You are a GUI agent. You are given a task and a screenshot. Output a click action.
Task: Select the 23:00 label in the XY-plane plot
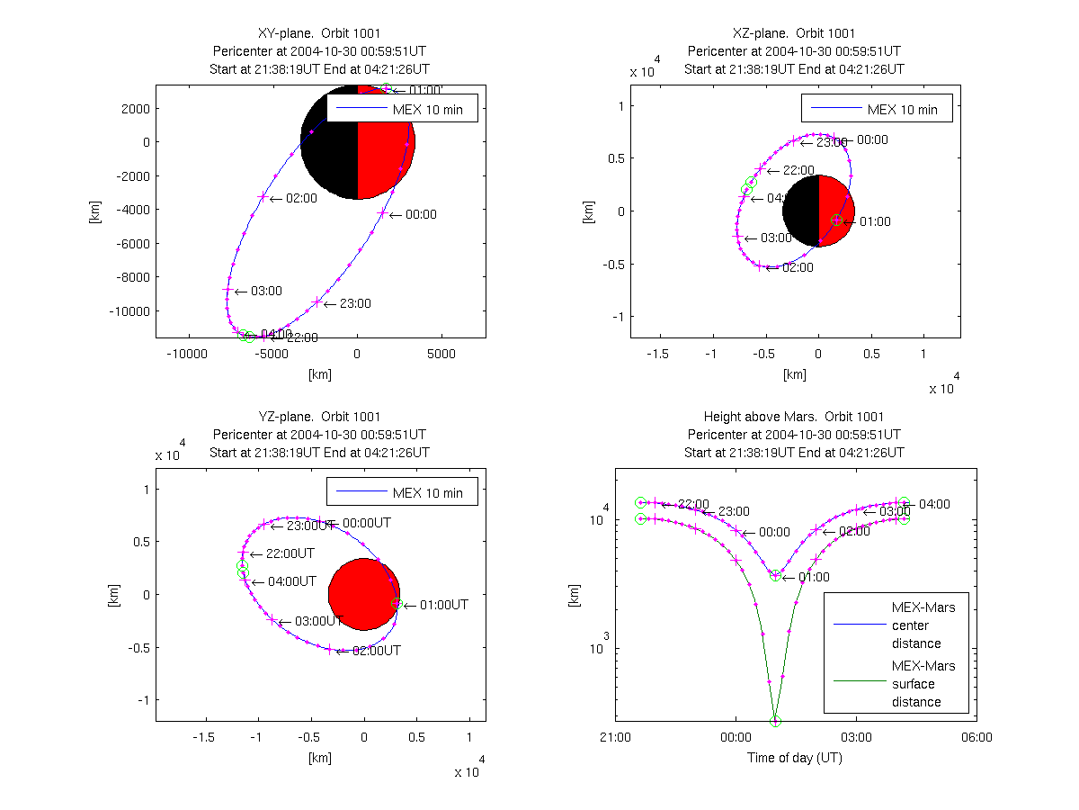click(x=356, y=303)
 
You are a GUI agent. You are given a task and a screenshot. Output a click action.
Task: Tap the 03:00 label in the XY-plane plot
click(x=267, y=291)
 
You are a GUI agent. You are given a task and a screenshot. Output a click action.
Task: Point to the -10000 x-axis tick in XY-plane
click(x=188, y=355)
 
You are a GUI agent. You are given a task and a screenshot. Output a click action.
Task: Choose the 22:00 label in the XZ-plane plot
click(x=799, y=170)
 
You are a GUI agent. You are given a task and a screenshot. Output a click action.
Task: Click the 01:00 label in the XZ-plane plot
click(x=875, y=221)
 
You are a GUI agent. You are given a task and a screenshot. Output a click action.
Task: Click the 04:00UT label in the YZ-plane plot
click(x=292, y=581)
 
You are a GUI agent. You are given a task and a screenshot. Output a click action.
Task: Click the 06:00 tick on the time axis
click(x=976, y=737)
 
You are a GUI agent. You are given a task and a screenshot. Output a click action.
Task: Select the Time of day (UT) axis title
click(x=795, y=758)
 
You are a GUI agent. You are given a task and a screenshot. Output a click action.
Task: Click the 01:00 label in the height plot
click(x=815, y=577)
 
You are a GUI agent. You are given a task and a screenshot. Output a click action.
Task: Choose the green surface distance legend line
click(x=856, y=682)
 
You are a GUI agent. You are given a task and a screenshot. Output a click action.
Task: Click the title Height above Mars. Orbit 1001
click(x=794, y=417)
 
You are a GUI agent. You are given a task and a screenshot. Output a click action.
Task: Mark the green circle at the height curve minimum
click(x=775, y=721)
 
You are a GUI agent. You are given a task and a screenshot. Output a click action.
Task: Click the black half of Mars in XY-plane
click(x=328, y=142)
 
